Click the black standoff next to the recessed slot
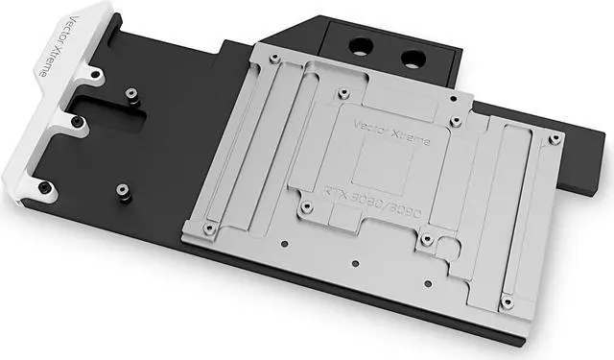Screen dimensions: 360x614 pos(132,93)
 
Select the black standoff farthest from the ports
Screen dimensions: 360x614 pos(124,191)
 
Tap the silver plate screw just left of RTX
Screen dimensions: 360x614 pos(305,205)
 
